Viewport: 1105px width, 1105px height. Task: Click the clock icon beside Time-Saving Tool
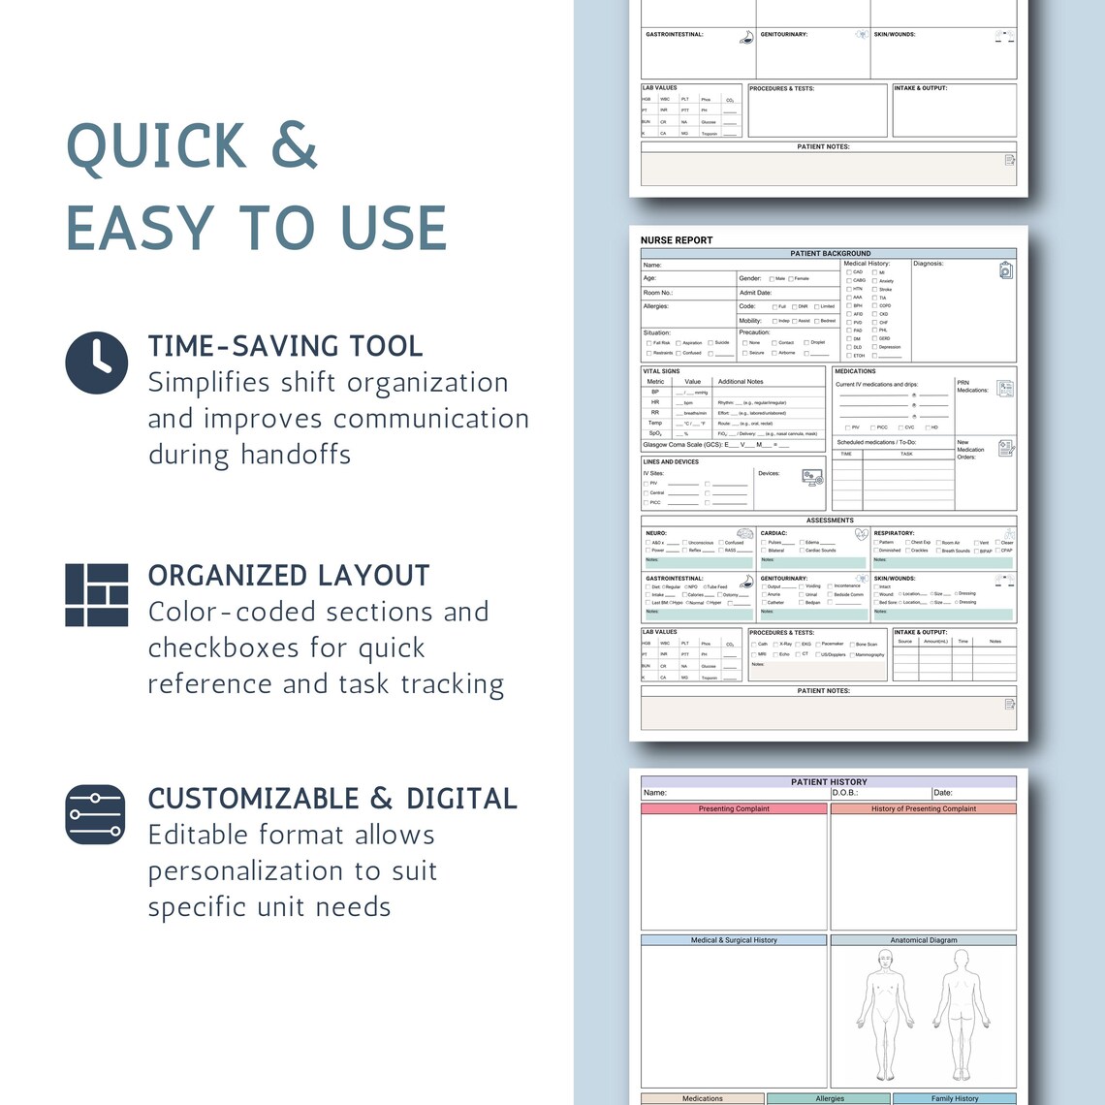click(97, 363)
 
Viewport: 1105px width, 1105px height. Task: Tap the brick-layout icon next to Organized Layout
click(97, 594)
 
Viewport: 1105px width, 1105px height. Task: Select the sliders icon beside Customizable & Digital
click(95, 814)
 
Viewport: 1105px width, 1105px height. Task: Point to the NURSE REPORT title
click(677, 239)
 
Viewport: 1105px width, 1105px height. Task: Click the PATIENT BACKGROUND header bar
click(829, 253)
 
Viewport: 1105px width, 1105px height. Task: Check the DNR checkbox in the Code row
click(794, 307)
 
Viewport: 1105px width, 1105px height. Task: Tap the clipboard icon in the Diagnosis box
click(1006, 270)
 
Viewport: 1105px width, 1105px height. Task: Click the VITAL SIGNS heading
click(661, 371)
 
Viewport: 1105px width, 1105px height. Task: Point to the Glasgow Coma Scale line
click(715, 445)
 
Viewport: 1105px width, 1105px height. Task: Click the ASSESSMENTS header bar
click(829, 521)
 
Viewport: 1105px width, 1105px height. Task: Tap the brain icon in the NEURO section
click(744, 534)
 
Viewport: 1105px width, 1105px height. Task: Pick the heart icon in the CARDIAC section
click(861, 534)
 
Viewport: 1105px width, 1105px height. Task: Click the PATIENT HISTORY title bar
click(829, 781)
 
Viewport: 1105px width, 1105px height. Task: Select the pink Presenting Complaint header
click(734, 808)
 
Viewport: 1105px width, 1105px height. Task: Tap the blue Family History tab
click(954, 1098)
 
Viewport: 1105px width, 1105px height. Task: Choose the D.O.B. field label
click(845, 793)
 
